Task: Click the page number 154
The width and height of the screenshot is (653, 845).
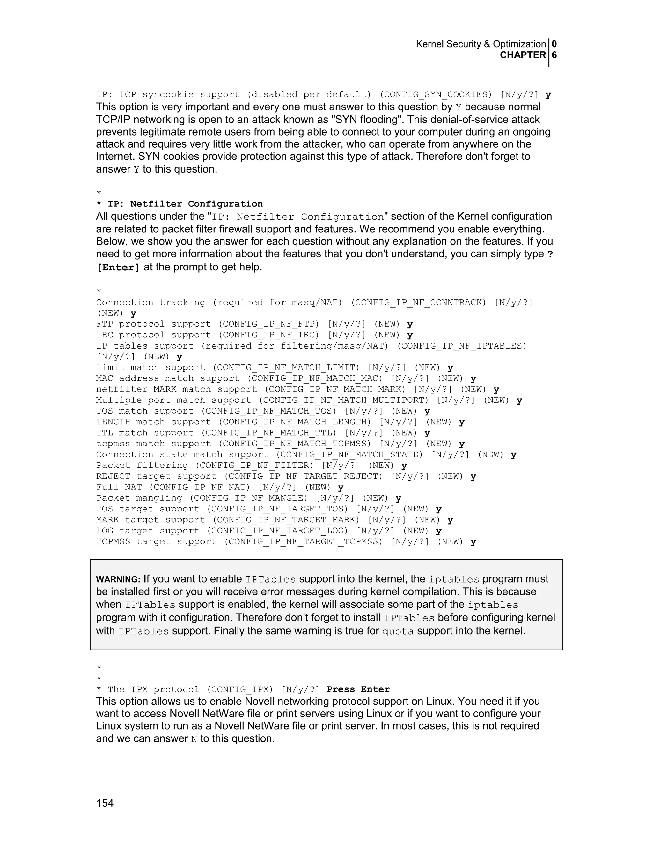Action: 105,803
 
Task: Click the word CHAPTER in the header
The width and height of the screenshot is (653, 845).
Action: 523,55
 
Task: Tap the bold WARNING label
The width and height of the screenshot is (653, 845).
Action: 118,580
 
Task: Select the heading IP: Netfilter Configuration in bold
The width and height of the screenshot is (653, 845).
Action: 185,204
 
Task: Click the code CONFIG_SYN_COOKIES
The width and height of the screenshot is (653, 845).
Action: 436,94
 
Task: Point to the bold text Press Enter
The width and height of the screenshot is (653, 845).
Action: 358,689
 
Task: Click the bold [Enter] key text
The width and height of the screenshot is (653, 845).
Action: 118,267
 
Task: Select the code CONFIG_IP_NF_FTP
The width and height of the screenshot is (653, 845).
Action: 271,324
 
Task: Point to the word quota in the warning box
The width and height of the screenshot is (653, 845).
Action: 398,631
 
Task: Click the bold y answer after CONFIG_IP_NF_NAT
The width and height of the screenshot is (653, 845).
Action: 341,488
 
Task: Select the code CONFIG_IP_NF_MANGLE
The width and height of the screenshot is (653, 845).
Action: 248,498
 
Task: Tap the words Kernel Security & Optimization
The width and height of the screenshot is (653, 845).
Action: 481,44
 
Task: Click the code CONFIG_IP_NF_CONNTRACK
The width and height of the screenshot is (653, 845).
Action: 418,302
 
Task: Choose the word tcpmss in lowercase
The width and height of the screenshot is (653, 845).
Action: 113,444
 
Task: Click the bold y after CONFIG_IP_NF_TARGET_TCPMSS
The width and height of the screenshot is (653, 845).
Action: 473,542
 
